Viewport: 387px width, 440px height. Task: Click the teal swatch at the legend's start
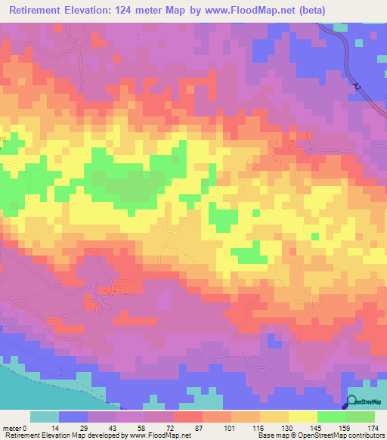click(45, 417)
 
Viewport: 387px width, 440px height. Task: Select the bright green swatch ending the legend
click(361, 417)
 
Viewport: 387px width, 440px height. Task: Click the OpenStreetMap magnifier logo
click(352, 401)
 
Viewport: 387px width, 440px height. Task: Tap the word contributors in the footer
click(362, 435)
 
